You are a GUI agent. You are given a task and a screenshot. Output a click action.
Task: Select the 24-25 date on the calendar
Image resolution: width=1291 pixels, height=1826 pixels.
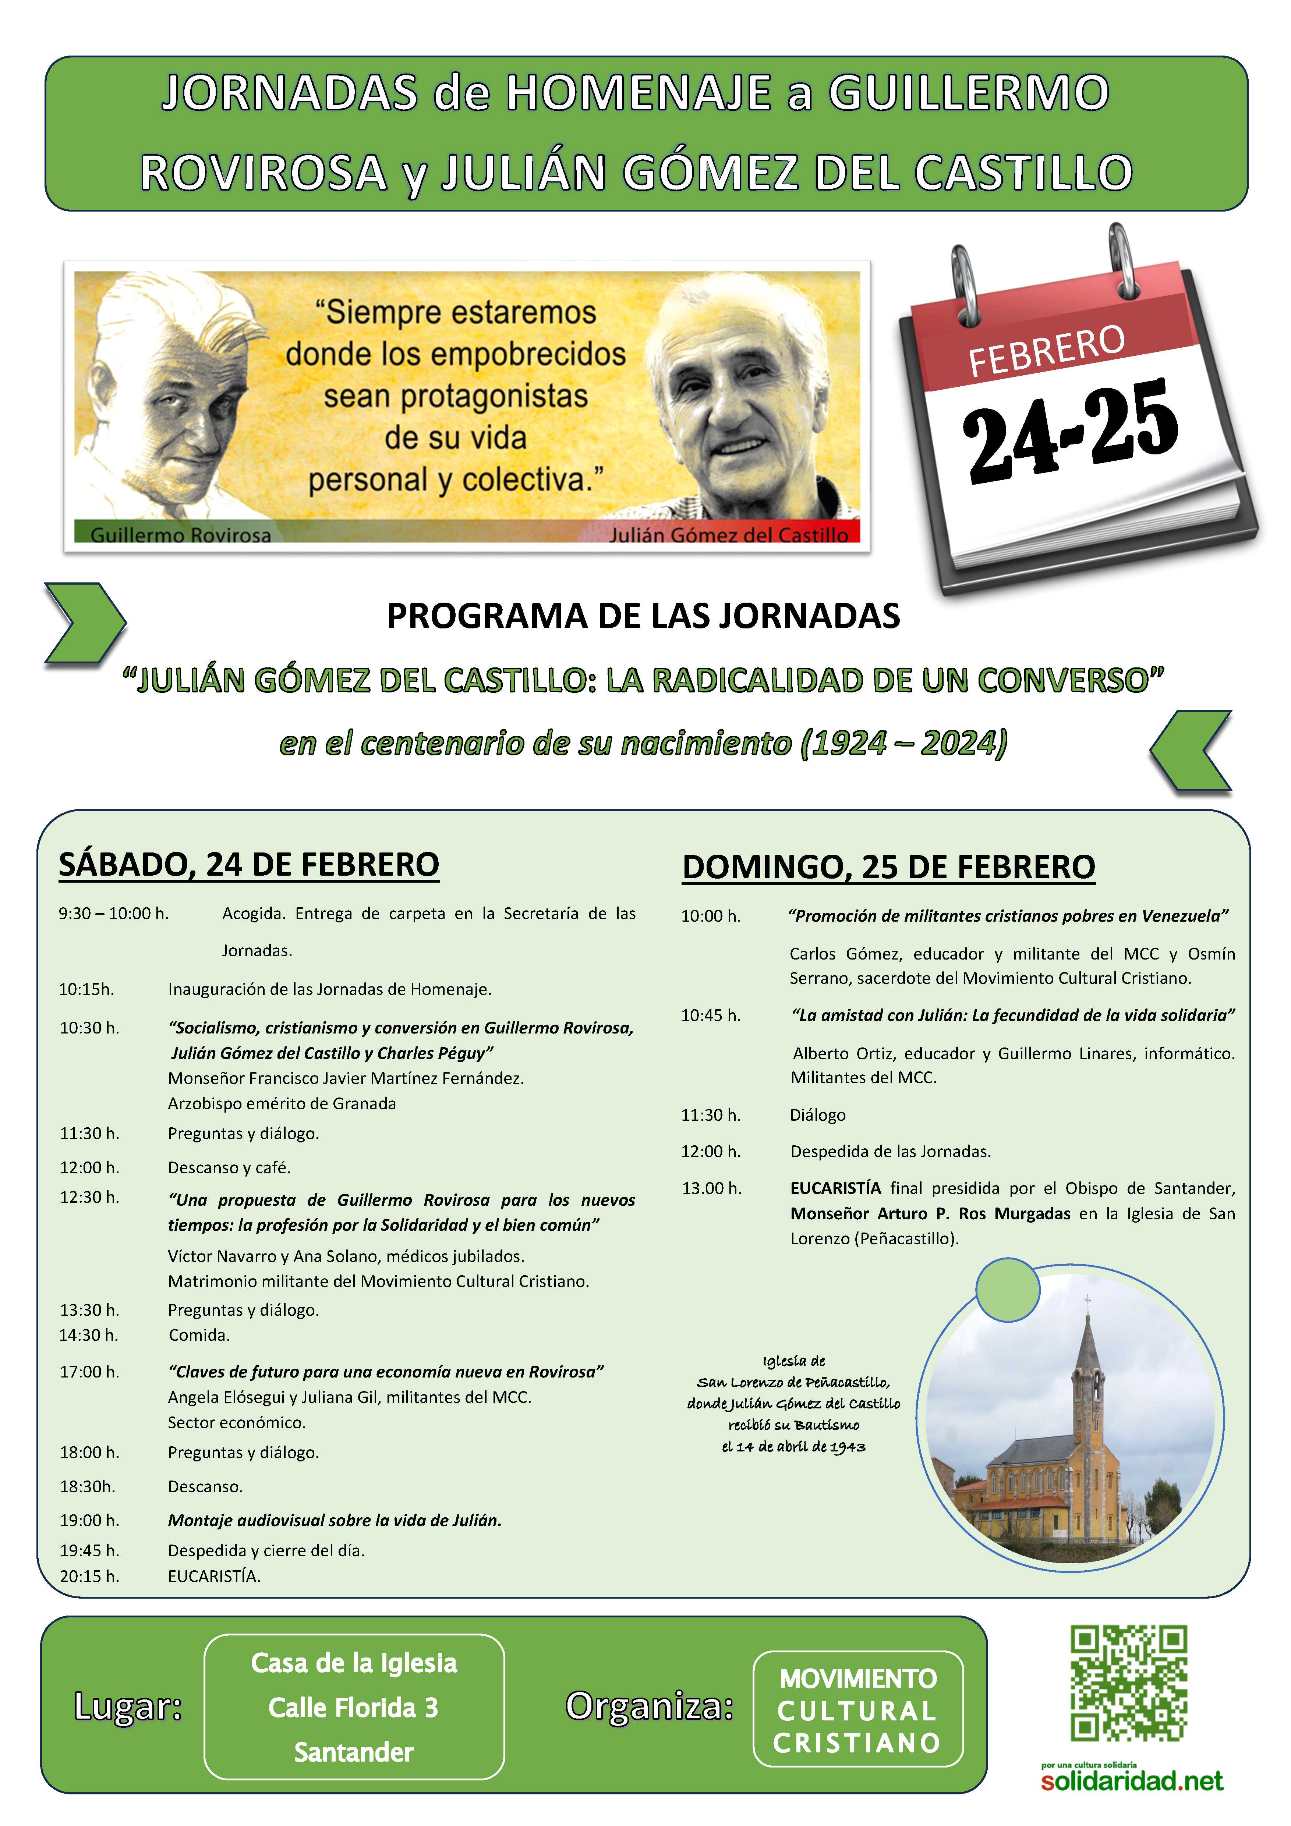[x=1070, y=429]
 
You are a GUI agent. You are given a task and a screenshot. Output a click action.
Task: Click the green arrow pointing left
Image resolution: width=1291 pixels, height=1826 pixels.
[x=1191, y=750]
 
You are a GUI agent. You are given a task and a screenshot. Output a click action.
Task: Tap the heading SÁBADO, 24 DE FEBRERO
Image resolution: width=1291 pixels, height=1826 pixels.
[x=249, y=865]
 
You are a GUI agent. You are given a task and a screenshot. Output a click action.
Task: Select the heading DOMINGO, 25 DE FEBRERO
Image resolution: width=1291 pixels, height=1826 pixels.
[x=888, y=867]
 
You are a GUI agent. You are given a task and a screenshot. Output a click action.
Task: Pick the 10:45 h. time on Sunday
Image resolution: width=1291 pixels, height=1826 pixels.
[x=710, y=1015]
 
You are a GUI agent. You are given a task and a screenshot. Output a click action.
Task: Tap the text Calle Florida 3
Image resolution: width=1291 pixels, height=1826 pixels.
[x=353, y=1708]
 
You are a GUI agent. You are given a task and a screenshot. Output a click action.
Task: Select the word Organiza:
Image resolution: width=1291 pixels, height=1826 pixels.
[x=649, y=1706]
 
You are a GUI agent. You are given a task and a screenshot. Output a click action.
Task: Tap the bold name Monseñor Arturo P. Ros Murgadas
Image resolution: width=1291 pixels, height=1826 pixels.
[x=930, y=1214]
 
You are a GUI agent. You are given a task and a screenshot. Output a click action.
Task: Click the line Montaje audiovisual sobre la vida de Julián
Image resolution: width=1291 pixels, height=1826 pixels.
[x=334, y=1521]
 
